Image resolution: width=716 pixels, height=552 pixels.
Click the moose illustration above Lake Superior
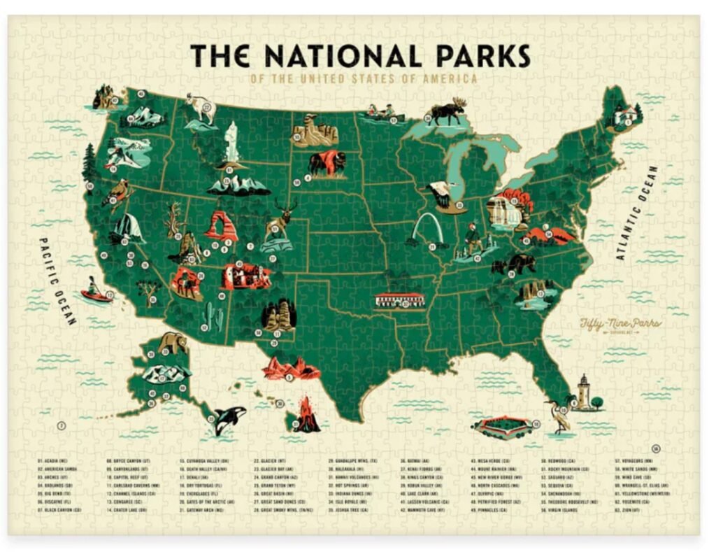[447, 113]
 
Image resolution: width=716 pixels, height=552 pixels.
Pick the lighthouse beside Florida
[584, 392]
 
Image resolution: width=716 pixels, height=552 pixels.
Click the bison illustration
[326, 163]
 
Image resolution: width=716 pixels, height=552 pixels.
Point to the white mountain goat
[203, 108]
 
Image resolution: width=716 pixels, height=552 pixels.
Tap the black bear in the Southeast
[514, 264]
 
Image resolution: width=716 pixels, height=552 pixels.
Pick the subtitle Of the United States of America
[364, 78]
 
